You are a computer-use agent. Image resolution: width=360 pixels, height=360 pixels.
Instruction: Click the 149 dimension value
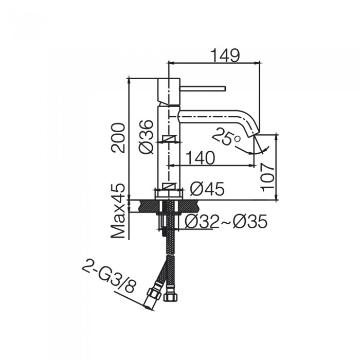coord(225,55)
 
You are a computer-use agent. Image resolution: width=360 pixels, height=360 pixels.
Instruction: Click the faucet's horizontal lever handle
coord(203,88)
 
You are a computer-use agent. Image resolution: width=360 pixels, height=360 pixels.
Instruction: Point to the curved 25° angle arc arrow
coord(257,150)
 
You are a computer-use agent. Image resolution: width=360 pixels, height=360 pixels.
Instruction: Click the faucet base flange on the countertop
coord(169,193)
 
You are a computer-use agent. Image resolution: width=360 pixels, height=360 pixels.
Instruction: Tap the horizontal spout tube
coord(211,116)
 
